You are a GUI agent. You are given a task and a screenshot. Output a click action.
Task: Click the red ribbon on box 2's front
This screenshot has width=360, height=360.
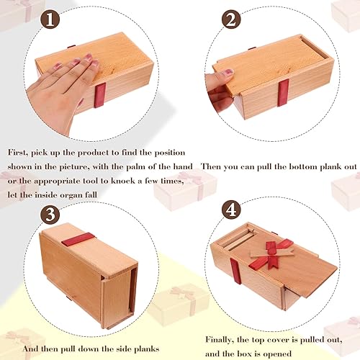click(283, 92)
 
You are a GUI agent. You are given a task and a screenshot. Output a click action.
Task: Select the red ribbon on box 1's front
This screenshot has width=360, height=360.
click(99, 94)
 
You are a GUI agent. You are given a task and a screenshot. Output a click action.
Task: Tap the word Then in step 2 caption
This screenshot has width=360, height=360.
click(211, 166)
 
